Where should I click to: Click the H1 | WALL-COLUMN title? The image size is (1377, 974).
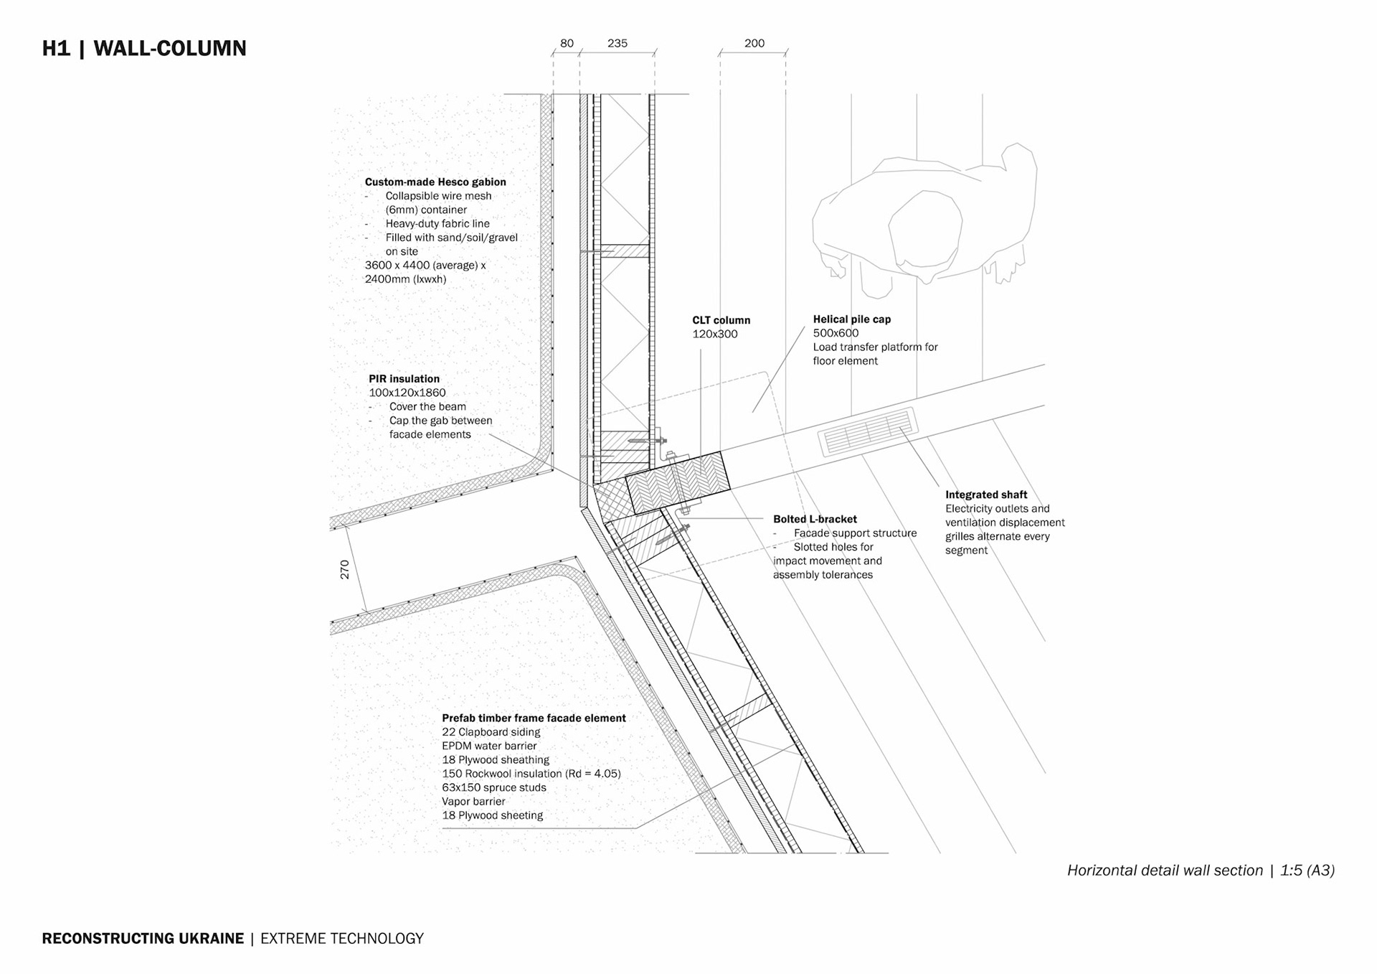[144, 48]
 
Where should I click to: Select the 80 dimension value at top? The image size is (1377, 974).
[567, 43]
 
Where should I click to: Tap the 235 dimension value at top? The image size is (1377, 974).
[617, 43]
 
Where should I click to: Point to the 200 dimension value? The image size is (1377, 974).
[754, 43]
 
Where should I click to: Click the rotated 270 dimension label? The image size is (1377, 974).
[345, 569]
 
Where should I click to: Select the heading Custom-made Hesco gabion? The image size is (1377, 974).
[435, 182]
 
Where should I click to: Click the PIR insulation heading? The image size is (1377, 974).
[404, 379]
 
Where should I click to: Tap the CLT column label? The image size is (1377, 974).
[721, 320]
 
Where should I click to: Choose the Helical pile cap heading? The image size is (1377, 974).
[851, 319]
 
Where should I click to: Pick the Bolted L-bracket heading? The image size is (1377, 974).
[815, 519]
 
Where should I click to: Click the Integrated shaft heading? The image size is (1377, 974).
[985, 495]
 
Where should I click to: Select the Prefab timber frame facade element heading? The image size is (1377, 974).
[534, 718]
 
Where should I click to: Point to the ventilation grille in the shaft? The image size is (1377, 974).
[866, 432]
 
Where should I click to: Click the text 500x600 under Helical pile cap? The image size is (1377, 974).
[836, 333]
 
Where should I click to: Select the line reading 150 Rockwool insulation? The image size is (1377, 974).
[531, 774]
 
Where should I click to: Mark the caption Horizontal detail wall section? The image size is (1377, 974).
[1164, 871]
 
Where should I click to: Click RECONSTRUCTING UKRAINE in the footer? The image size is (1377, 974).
[143, 939]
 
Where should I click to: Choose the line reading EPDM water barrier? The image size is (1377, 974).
[489, 746]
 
